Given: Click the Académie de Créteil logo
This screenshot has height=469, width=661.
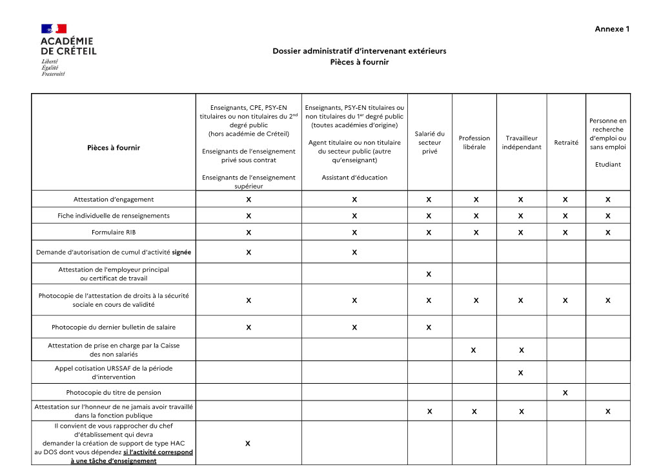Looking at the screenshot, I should (68, 50).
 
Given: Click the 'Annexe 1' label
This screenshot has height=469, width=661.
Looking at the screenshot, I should (612, 29).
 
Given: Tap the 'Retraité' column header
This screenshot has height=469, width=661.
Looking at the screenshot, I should (566, 143).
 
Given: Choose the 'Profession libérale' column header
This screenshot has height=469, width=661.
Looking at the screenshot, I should (474, 143).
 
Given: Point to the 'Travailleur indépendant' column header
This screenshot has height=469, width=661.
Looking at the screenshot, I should (522, 143).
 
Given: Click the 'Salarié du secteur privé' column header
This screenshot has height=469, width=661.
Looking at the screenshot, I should (429, 143).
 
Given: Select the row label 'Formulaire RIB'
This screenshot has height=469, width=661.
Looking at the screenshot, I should (114, 232).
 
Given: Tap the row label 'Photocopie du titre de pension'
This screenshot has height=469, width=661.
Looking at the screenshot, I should (114, 393).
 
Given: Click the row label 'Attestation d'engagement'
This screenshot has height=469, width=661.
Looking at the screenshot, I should (114, 200).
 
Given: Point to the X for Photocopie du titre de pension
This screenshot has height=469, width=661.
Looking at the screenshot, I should (565, 393).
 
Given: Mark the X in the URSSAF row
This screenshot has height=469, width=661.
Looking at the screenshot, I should (521, 373).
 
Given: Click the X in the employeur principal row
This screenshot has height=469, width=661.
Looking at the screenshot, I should (429, 275).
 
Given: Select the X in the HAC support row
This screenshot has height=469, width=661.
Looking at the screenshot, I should (249, 444).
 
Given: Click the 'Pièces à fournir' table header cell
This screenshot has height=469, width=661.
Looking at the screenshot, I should (114, 148).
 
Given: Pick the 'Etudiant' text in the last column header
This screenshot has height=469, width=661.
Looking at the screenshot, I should (607, 164).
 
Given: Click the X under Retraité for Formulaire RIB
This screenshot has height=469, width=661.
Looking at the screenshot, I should (565, 232).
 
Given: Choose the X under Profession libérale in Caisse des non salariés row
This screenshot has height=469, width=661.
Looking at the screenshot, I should (474, 351).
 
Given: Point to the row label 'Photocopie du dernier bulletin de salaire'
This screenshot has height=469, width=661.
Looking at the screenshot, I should (114, 328).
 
